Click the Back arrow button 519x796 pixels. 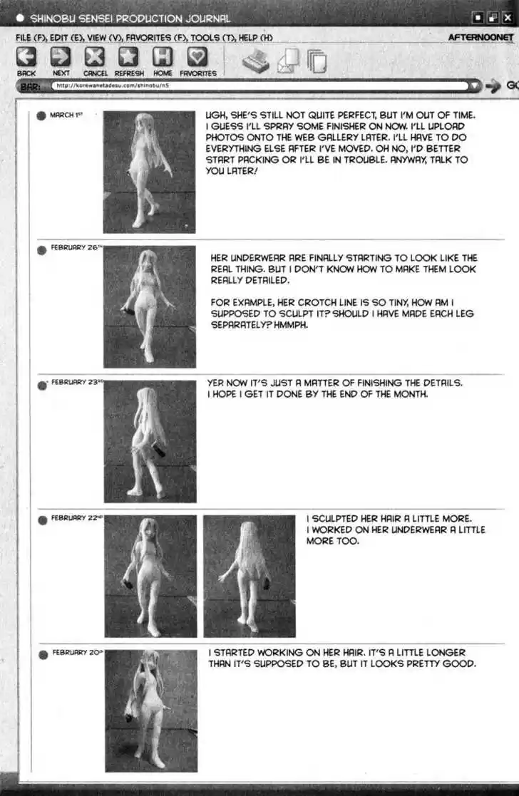click(26, 57)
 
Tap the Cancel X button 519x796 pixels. click(95, 57)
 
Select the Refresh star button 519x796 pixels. click(128, 57)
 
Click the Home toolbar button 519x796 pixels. click(163, 57)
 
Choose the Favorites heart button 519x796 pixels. click(197, 57)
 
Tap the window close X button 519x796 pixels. click(507, 18)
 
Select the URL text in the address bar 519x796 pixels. click(113, 86)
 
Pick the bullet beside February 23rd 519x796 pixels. click(42, 386)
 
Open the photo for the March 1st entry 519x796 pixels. click(149, 172)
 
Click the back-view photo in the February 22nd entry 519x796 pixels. click(249, 576)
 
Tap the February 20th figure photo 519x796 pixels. click(150, 710)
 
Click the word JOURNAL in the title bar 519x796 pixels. click(204, 18)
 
